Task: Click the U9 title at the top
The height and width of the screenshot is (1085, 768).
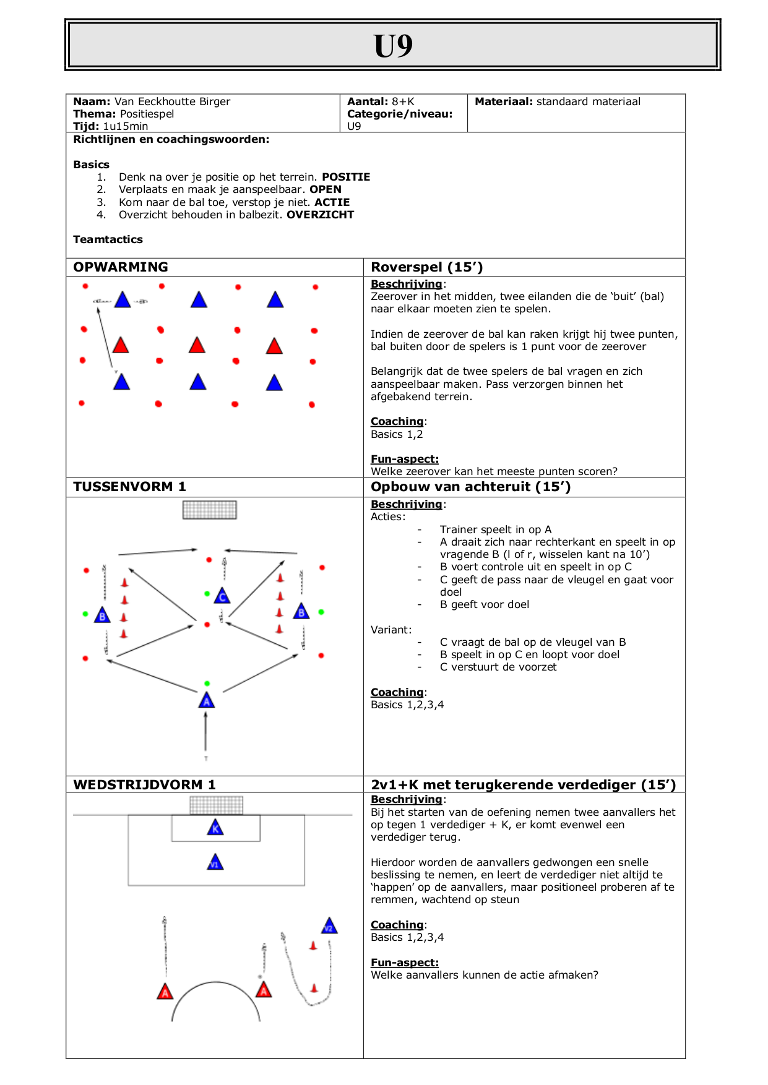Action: (393, 46)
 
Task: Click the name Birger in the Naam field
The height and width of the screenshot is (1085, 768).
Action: (215, 101)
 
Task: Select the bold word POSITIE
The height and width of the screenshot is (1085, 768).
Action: (346, 177)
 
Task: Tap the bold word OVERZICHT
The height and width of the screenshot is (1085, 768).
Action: (320, 215)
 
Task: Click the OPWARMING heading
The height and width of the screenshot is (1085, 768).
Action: (121, 267)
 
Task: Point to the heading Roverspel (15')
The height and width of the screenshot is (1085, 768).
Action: (426, 267)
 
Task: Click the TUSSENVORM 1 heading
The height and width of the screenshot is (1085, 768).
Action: (129, 487)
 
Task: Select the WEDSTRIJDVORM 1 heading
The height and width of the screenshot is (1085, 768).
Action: (144, 785)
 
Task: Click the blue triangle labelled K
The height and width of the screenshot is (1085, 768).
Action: (215, 828)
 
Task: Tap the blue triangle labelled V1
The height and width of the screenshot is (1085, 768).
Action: (215, 862)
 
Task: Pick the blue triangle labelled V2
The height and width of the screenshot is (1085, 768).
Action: (329, 927)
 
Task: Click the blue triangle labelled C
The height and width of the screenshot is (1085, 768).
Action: (222, 596)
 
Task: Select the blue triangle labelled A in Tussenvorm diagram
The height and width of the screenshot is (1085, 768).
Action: (207, 701)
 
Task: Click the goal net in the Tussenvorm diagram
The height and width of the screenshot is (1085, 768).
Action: (210, 510)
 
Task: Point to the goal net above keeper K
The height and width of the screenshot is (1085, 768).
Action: (216, 805)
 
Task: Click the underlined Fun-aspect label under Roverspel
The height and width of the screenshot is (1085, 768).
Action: (405, 459)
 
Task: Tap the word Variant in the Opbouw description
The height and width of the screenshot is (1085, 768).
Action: (390, 630)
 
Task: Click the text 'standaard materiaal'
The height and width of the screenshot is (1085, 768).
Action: (589, 101)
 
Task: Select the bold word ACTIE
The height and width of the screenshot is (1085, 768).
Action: (332, 202)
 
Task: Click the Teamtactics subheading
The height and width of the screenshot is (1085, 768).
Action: (108, 239)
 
